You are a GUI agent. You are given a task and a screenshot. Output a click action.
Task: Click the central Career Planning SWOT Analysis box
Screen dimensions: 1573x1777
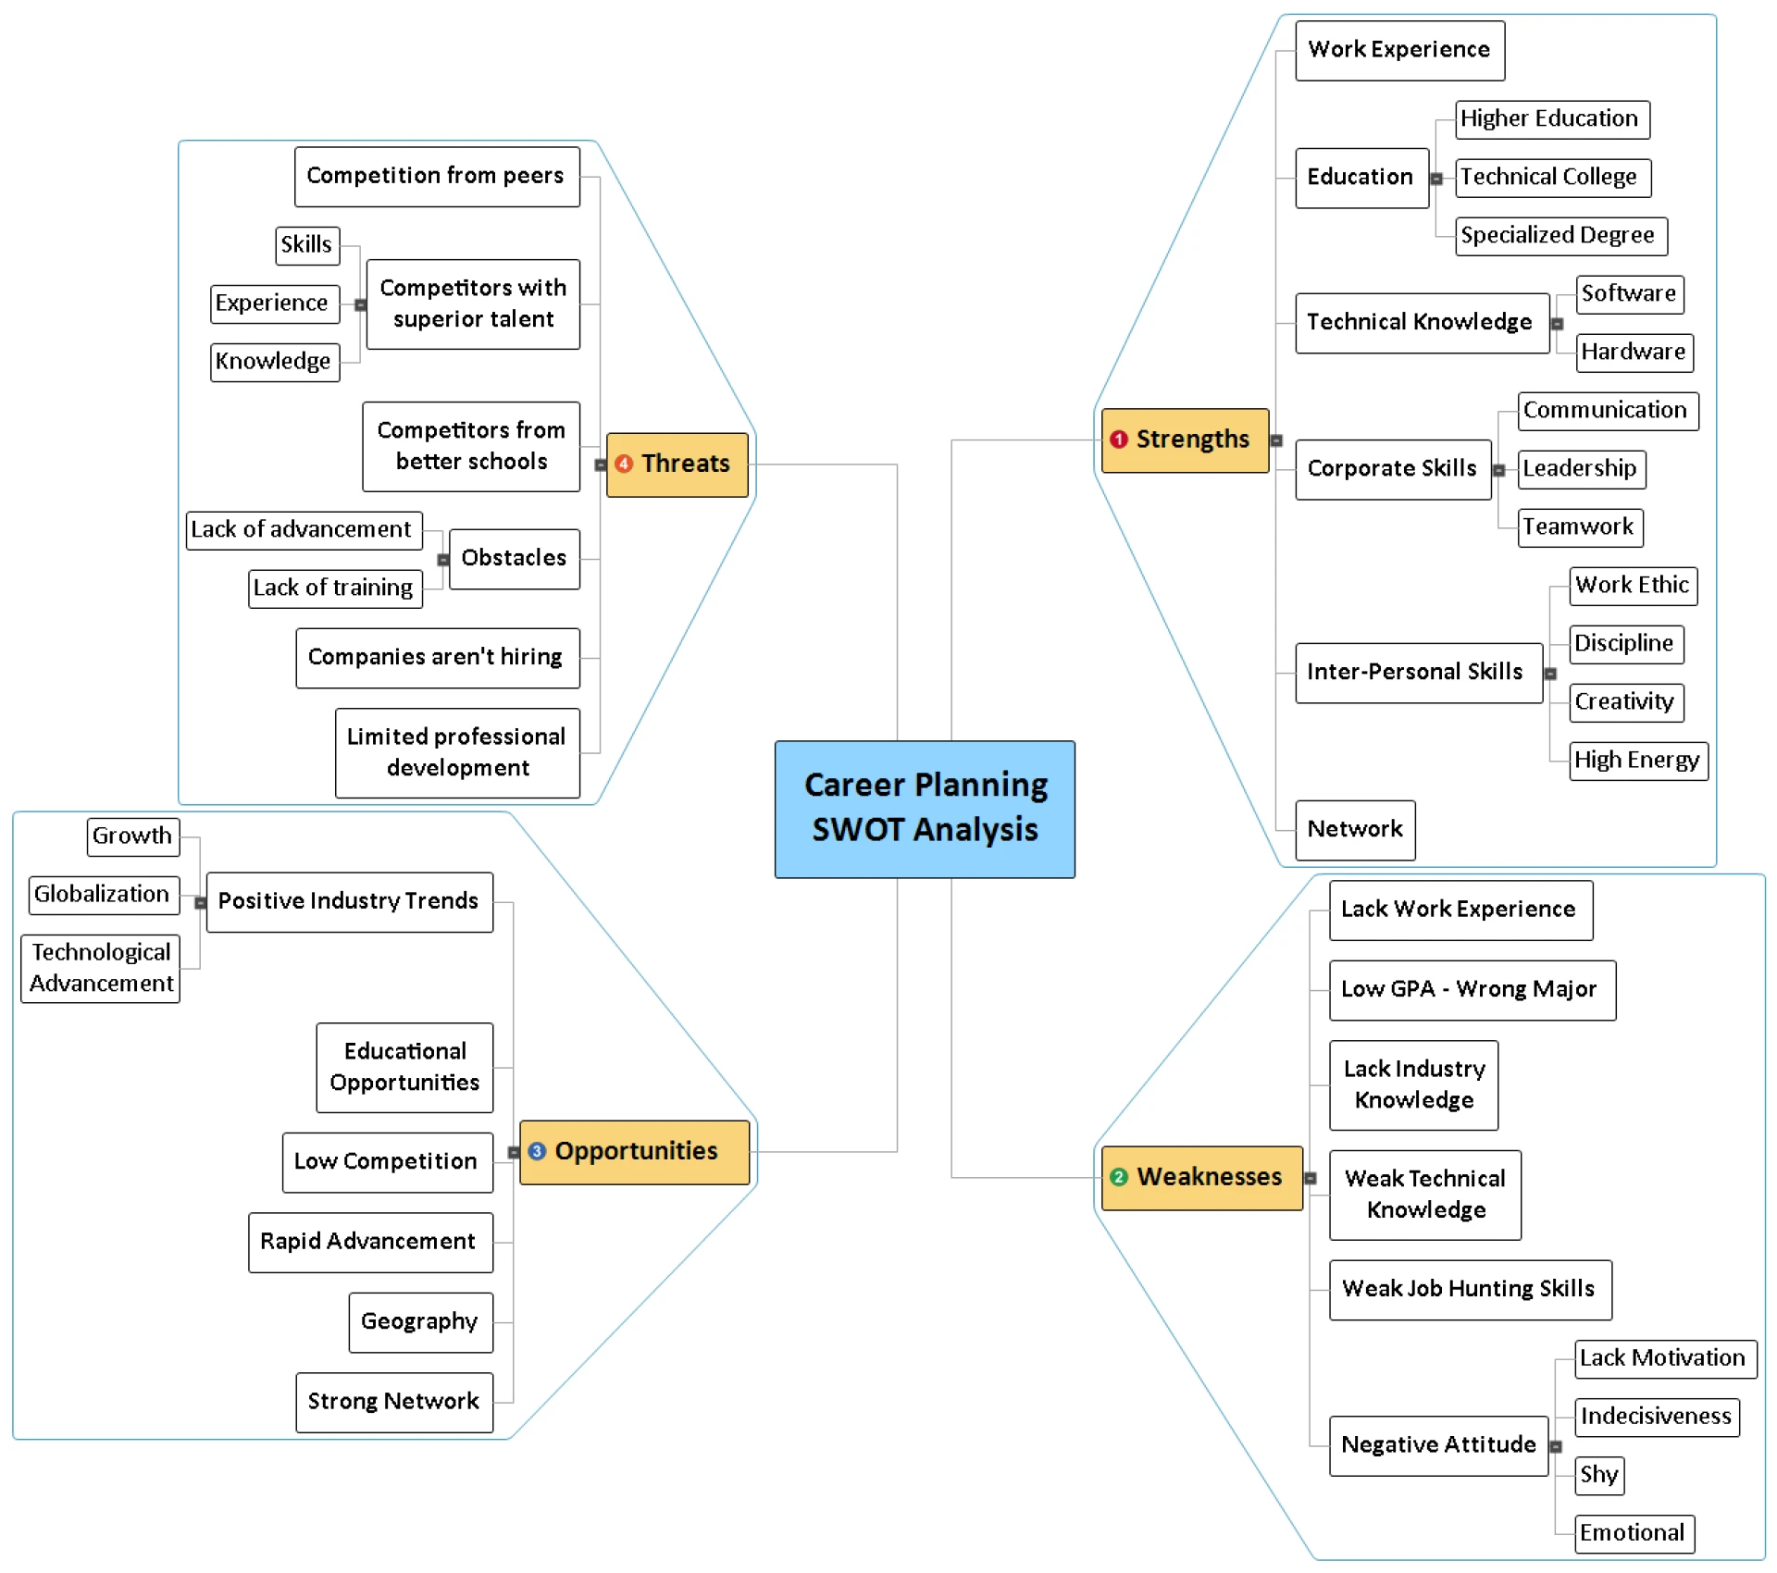(925, 809)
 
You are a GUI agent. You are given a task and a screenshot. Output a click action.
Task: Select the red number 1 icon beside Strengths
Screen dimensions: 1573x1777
(1118, 440)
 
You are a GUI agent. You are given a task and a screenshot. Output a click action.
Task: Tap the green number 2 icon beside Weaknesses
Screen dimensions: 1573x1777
(1118, 1177)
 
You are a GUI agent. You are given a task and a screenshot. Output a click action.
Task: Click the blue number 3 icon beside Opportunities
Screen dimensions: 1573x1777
(537, 1151)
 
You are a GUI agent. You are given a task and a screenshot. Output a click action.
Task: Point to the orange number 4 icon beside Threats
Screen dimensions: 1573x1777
(624, 464)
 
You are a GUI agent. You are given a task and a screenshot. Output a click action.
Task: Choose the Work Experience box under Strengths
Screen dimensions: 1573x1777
(1398, 50)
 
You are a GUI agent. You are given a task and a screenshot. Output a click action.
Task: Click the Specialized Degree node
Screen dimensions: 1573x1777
(1560, 236)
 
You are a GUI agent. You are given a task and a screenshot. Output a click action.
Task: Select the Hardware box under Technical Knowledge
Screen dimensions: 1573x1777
(1634, 353)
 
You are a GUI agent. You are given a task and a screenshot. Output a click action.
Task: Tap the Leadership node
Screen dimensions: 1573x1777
(1581, 469)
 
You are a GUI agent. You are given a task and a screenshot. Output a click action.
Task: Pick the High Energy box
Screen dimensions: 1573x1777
(1637, 761)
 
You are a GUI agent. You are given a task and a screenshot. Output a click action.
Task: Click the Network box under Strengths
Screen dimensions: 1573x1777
(1354, 829)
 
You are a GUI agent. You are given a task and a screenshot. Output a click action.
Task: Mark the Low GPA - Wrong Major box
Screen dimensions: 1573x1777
(1472, 990)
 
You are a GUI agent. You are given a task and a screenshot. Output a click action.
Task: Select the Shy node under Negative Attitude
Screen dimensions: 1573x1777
(1598, 1475)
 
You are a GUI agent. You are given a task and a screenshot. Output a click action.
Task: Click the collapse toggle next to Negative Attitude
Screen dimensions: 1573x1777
(1556, 1446)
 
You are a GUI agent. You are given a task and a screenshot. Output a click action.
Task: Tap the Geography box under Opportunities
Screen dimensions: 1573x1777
(420, 1321)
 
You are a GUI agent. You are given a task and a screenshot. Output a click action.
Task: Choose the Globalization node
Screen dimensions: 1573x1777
(103, 895)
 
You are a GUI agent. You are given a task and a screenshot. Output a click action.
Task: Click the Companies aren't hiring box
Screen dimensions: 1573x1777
(437, 658)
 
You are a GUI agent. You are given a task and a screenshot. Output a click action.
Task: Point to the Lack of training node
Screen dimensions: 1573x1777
(334, 588)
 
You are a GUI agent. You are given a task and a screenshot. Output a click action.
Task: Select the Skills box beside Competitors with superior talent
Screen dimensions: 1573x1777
(307, 245)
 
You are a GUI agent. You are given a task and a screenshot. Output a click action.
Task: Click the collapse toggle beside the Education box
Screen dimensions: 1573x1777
(1436, 179)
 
